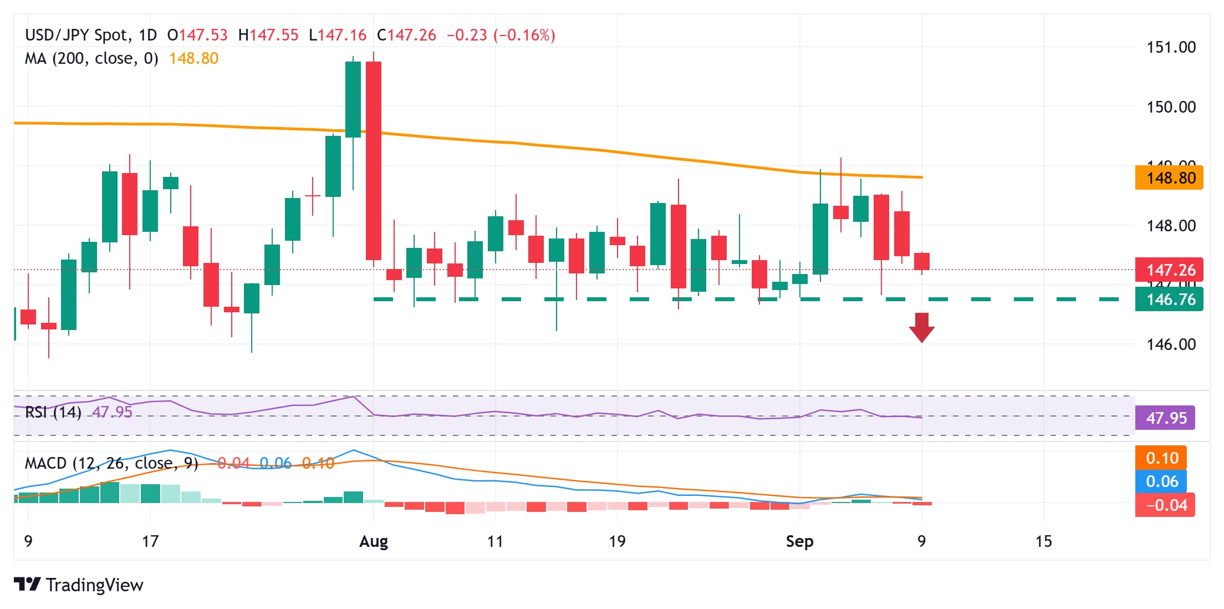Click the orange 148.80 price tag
coord(1169,178)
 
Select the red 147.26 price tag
coord(1169,270)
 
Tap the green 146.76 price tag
coord(1169,300)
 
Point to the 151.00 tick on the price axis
coord(1171,47)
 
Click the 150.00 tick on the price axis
coord(1171,106)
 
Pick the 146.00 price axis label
coord(1171,344)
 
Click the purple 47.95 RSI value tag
coord(1165,418)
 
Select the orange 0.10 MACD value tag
coord(1161,458)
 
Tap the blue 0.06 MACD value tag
coord(1161,481)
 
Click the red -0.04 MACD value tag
coord(1165,505)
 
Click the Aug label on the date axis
coord(374,541)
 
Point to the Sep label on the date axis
coord(799,541)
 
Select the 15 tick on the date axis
coord(1043,541)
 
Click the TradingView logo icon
coord(27,585)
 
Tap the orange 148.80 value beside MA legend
coord(193,58)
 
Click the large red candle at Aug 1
coord(374,160)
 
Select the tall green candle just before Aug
coord(353,99)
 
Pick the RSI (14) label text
coord(53,412)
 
